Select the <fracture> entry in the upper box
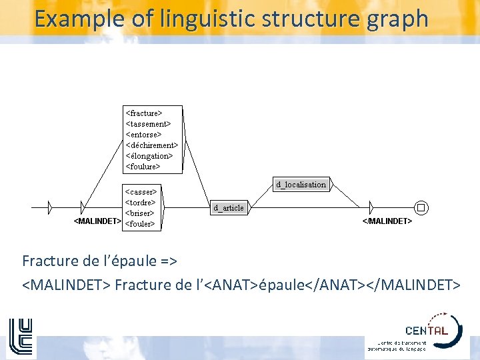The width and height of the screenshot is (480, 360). [144, 113]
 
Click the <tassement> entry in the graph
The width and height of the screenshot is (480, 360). [148, 124]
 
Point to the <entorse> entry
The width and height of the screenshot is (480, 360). [143, 135]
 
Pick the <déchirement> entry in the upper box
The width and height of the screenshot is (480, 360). [151, 145]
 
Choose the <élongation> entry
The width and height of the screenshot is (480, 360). [149, 156]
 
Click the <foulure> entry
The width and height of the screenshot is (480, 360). [143, 167]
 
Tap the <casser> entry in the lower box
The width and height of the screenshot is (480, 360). [141, 192]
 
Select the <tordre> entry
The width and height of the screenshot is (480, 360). [140, 203]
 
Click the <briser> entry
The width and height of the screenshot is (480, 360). [140, 213]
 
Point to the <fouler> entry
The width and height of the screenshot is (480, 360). [140, 224]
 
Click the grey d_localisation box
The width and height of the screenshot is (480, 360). [301, 185]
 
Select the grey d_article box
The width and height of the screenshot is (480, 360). [229, 208]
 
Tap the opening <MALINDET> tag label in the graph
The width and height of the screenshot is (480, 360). [97, 221]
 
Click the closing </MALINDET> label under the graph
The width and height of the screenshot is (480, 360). [387, 221]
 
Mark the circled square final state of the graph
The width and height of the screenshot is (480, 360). [421, 207]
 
